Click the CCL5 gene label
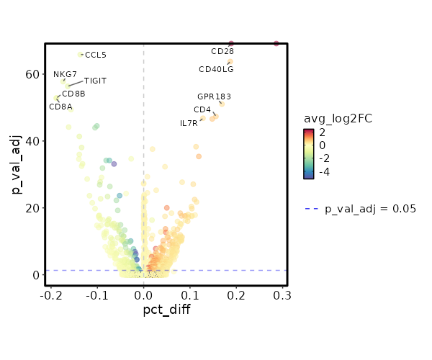click(96, 55)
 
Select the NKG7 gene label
click(65, 74)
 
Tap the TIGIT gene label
click(95, 81)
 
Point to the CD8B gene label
click(73, 94)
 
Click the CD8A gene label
click(60, 107)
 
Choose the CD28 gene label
click(222, 52)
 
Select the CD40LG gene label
click(216, 69)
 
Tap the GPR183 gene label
click(215, 96)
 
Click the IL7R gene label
click(189, 124)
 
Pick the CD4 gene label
click(202, 110)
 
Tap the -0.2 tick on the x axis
click(50, 295)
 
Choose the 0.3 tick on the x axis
click(282, 295)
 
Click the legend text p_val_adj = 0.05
click(371, 209)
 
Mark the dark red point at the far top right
click(276, 44)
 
